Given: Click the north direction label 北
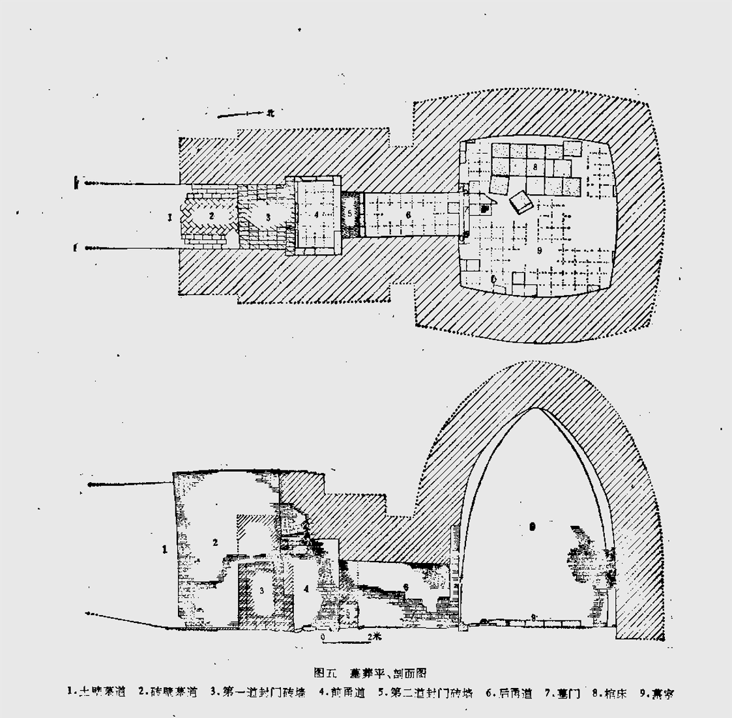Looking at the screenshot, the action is (270, 113).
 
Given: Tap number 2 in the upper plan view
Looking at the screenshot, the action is (211, 214).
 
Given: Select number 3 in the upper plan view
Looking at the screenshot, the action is (267, 216).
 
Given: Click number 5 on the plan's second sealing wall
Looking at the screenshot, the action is (350, 213).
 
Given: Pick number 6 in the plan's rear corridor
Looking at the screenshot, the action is (407, 214).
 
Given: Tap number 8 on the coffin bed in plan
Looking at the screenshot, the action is (535, 167).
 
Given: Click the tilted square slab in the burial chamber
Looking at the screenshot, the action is (522, 203).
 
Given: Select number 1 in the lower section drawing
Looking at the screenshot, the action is (164, 550).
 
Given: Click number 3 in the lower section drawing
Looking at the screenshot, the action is (261, 591).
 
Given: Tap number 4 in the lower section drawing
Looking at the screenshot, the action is (306, 588).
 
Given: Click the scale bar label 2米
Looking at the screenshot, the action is (374, 635).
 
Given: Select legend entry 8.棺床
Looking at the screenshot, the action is (609, 693).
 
